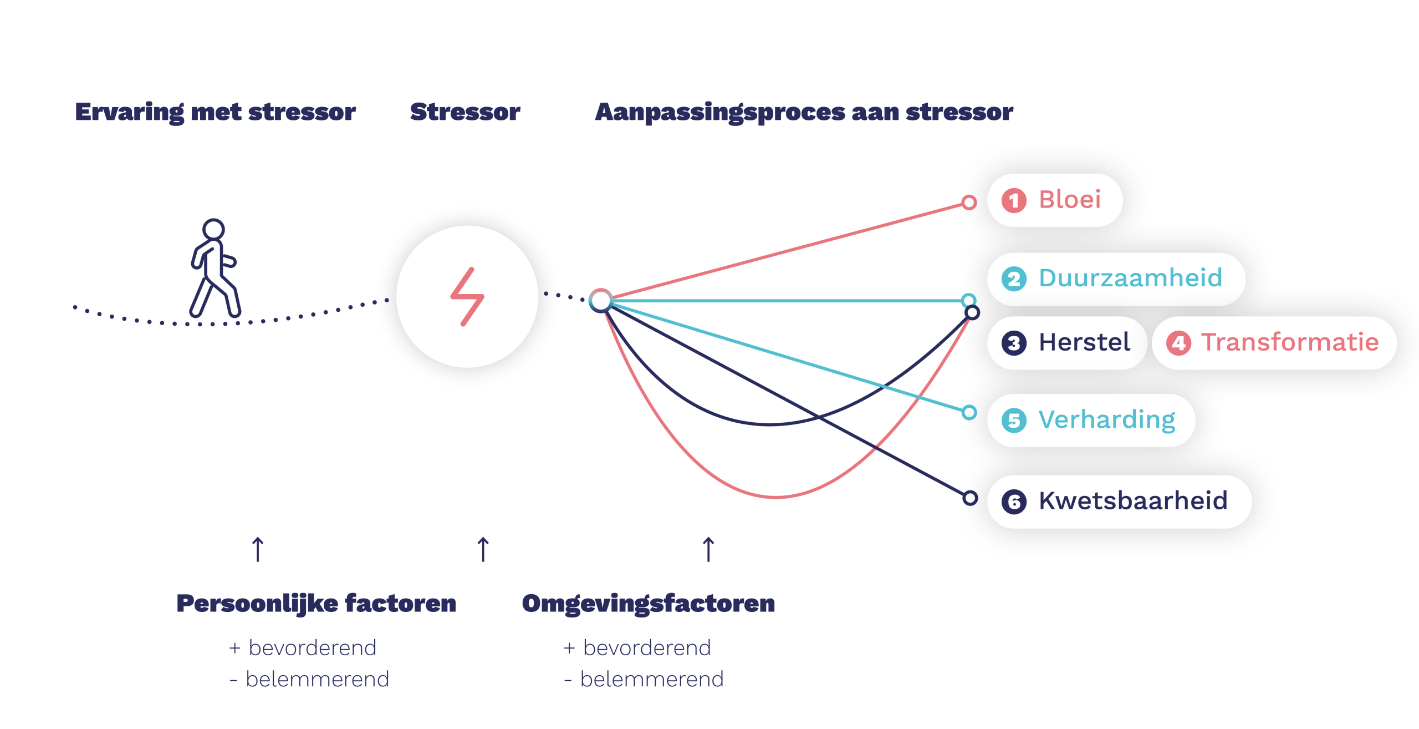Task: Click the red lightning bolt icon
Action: pyautogui.click(x=467, y=297)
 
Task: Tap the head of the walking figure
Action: pyautogui.click(x=213, y=229)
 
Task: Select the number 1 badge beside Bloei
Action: pyautogui.click(x=1014, y=200)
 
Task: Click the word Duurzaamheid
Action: pyautogui.click(x=1130, y=277)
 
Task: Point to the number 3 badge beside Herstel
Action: pyautogui.click(x=1014, y=343)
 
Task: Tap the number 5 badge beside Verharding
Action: pyautogui.click(x=1014, y=421)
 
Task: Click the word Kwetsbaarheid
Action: pyautogui.click(x=1133, y=500)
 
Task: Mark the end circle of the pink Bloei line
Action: pyautogui.click(x=969, y=202)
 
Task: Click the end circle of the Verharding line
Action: pyautogui.click(x=969, y=412)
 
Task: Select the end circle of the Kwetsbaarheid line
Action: pyautogui.click(x=970, y=498)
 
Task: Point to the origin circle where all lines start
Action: pyautogui.click(x=600, y=300)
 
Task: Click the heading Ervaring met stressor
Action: pyautogui.click(x=215, y=113)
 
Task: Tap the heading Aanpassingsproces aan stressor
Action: pyautogui.click(x=804, y=113)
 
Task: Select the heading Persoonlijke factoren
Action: pyautogui.click(x=316, y=604)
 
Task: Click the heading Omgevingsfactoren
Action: pyautogui.click(x=649, y=604)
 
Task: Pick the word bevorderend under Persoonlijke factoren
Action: pyautogui.click(x=313, y=647)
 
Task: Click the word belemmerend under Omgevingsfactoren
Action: pyautogui.click(x=652, y=679)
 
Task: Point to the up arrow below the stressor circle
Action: pyautogui.click(x=483, y=549)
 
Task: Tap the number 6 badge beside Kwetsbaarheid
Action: pyautogui.click(x=1014, y=502)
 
